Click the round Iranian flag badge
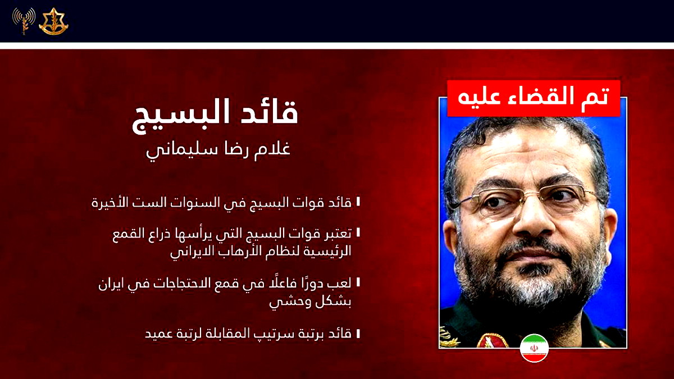[x=534, y=348]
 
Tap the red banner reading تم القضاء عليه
[x=533, y=98]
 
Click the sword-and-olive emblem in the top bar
[x=53, y=22]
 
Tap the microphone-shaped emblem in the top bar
[x=24, y=22]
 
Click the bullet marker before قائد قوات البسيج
[x=358, y=202]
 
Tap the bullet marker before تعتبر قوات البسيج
[x=358, y=232]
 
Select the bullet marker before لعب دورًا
[x=358, y=282]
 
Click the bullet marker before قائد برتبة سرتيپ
[x=358, y=333]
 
